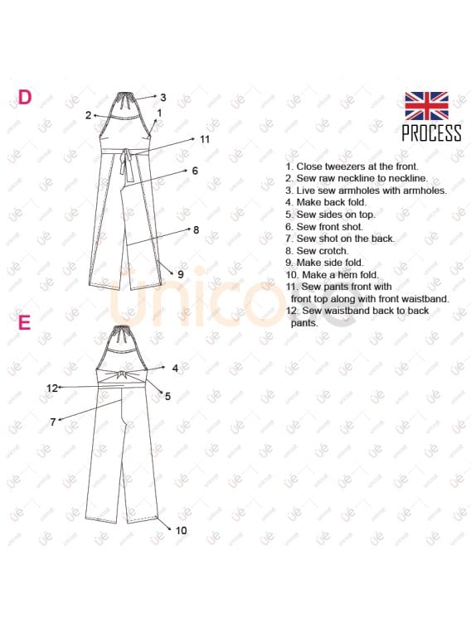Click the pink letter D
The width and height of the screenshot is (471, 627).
tap(25, 97)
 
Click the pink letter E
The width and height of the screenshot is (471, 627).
tap(24, 321)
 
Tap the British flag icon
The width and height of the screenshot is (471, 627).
tap(426, 106)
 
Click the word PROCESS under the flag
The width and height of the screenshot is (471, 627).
tap(431, 133)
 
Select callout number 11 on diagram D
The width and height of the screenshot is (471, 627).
tap(205, 139)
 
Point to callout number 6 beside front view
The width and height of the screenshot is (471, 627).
tap(195, 171)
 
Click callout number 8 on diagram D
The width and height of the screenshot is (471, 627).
tap(196, 229)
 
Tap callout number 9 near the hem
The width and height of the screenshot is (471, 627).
tap(181, 273)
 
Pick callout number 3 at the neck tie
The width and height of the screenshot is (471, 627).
tap(163, 97)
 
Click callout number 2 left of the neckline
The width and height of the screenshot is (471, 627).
tap(88, 115)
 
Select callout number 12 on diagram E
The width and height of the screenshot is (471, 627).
tap(52, 388)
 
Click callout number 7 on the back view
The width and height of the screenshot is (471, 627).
tap(52, 422)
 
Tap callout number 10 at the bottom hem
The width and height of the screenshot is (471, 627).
tap(182, 530)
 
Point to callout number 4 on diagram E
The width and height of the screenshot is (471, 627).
tap(175, 368)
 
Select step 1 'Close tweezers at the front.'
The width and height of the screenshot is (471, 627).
tap(352, 166)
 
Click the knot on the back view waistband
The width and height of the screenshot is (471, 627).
tap(122, 378)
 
